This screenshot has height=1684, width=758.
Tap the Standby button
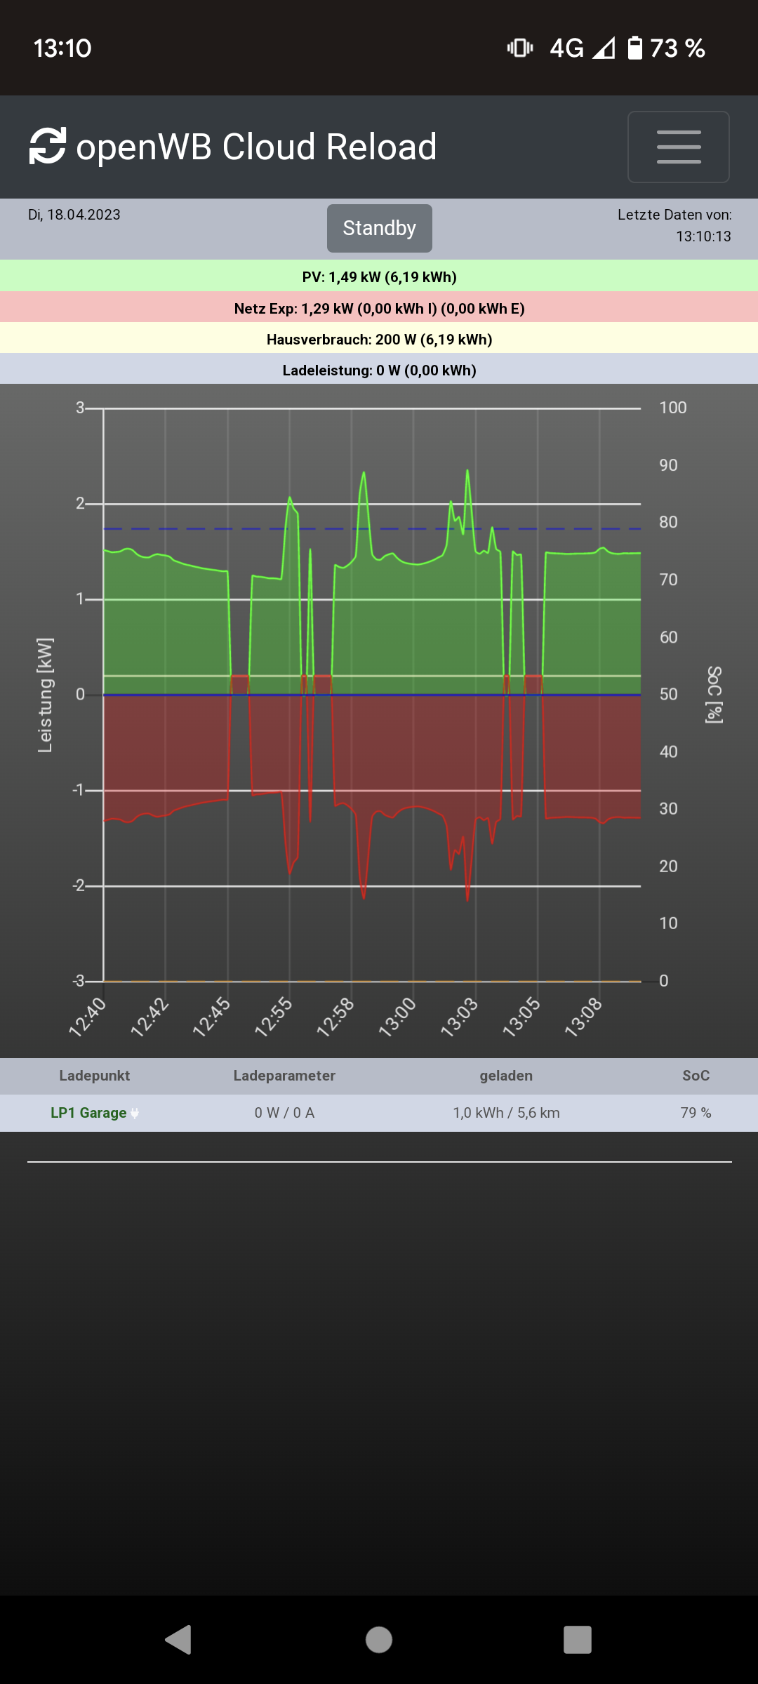379,228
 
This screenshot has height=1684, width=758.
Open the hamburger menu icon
678,147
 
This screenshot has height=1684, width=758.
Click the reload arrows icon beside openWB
48,146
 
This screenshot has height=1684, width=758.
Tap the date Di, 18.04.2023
74,215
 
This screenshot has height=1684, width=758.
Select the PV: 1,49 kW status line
379,276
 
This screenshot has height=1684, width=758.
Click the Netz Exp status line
379,308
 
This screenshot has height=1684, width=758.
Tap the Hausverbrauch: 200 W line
379,340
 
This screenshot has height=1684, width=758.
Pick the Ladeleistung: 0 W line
379,370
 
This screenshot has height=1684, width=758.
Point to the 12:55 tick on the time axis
274,1017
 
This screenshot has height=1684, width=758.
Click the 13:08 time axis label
584,1017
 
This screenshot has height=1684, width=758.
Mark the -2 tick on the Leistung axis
79,886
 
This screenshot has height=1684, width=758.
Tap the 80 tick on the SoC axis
668,522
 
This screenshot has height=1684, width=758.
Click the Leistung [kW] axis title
45,695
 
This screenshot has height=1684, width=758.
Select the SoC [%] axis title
714,695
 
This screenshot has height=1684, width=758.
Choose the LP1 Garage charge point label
88,1113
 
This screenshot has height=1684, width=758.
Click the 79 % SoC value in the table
696,1113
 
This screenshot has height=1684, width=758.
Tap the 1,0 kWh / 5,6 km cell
506,1113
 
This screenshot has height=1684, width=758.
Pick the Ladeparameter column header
284,1076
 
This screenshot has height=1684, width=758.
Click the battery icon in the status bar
634,48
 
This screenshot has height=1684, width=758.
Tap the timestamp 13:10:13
703,236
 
